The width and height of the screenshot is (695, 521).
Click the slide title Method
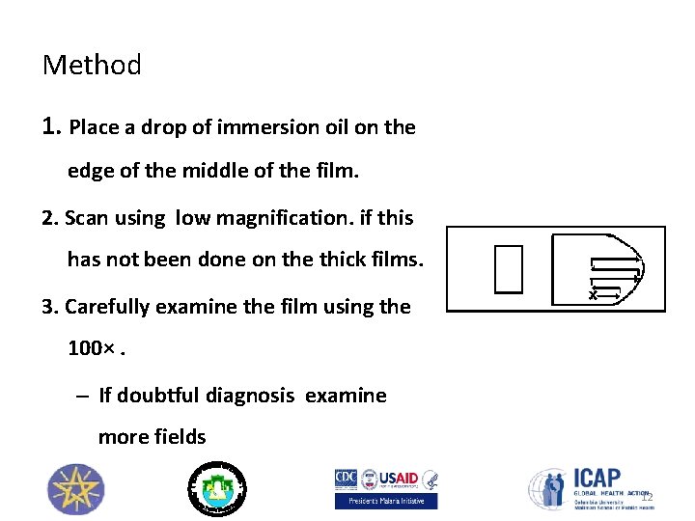click(92, 66)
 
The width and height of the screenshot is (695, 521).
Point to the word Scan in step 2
click(87, 218)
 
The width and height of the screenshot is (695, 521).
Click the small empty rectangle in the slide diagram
click(508, 268)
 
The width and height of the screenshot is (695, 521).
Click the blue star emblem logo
click(75, 488)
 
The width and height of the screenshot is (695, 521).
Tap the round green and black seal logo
click(216, 487)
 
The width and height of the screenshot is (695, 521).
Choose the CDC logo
click(346, 478)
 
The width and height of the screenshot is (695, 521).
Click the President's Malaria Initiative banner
click(385, 501)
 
